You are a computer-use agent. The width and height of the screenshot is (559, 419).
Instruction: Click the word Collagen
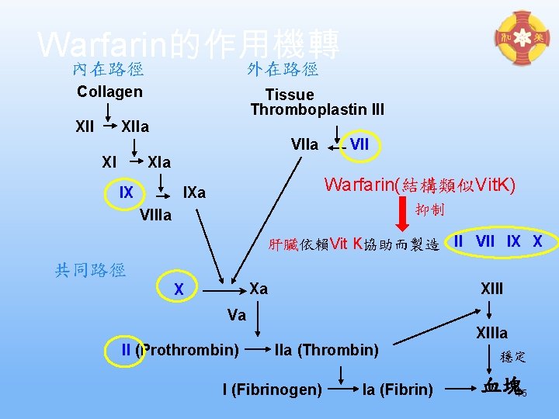coord(109,92)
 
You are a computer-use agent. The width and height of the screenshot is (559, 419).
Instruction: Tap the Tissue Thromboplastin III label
coord(317,102)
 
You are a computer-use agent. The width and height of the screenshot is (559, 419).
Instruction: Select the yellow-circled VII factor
coord(359,144)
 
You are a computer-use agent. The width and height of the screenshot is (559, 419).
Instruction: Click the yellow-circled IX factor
coord(126,192)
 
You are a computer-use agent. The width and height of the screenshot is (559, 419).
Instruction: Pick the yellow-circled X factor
coord(179,289)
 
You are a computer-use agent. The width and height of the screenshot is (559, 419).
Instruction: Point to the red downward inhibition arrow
coord(403,215)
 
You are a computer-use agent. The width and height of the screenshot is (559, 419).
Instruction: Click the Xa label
coord(259,288)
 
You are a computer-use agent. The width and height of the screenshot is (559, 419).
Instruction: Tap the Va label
coord(237,315)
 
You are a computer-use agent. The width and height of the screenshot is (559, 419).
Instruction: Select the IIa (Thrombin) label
coord(326,350)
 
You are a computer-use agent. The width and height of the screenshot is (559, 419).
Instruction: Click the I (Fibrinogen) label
coord(272,389)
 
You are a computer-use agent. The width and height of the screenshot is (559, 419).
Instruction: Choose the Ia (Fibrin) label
coord(398,389)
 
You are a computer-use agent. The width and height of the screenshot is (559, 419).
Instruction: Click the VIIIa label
coord(156,215)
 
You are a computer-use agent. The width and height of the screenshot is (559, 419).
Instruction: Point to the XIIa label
coord(135,126)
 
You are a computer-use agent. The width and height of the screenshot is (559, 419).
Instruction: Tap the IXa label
coord(193,192)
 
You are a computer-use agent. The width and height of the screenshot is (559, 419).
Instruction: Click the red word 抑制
coord(429,210)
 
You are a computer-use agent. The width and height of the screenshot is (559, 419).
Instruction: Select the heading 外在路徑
coord(283,70)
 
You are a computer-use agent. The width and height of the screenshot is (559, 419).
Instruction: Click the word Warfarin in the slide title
coord(95,44)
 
